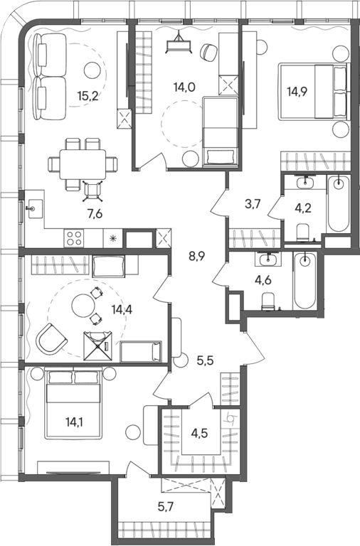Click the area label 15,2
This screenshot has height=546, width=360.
[x=88, y=96]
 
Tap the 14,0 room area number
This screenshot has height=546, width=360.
[x=184, y=87]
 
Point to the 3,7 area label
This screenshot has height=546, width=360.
[x=253, y=204]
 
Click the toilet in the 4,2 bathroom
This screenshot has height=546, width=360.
[x=303, y=230]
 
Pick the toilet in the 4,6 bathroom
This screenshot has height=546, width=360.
[x=268, y=301]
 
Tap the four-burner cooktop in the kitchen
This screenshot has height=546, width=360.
[x=74, y=238]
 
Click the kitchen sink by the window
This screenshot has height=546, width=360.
[x=35, y=208]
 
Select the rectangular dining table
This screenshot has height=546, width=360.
[x=83, y=164]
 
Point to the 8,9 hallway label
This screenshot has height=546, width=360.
[x=196, y=257]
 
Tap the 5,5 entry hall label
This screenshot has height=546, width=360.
[x=206, y=360]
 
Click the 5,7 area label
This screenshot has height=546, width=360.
[x=166, y=507]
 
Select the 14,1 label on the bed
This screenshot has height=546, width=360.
[x=75, y=422]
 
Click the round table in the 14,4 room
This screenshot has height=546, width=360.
[x=83, y=306]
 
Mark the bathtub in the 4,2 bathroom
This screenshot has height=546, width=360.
[x=339, y=204]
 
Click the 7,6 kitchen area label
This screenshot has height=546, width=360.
[x=95, y=213]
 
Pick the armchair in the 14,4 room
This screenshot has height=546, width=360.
[x=51, y=338]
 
